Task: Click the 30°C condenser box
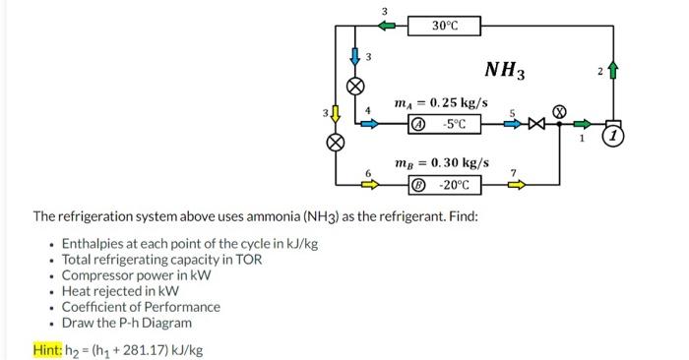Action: [445, 25]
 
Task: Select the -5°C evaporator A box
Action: [445, 125]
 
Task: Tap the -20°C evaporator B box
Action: [445, 184]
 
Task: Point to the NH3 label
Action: [505, 70]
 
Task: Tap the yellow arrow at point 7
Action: [516, 183]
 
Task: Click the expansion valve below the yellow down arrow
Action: [337, 142]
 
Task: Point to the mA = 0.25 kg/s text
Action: [441, 103]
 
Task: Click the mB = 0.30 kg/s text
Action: [441, 161]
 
